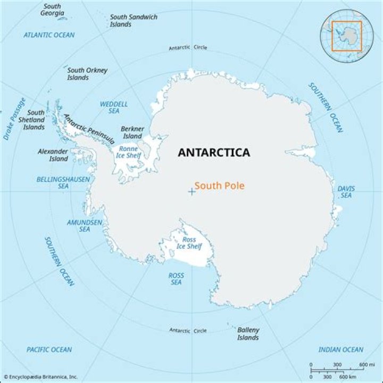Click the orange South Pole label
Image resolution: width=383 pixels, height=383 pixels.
pyautogui.click(x=219, y=186)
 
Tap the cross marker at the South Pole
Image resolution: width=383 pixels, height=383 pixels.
pyautogui.click(x=191, y=191)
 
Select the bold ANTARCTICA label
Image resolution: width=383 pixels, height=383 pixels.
pyautogui.click(x=213, y=153)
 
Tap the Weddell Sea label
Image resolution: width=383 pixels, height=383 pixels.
pyautogui.click(x=114, y=107)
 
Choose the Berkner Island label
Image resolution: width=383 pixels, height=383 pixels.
pyautogui.click(x=132, y=132)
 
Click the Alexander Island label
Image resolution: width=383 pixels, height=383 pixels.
pyautogui.click(x=53, y=155)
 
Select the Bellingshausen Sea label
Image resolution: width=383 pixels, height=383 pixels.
pyautogui.click(x=63, y=183)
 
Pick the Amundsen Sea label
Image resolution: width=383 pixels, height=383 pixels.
pyautogui.click(x=85, y=226)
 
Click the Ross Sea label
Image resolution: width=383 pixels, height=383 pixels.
pyautogui.click(x=176, y=279)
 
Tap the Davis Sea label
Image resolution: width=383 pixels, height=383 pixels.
pyautogui.click(x=346, y=192)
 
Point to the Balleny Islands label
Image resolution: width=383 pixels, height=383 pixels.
pyautogui.click(x=248, y=334)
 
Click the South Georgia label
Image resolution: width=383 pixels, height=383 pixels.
pyautogui.click(x=52, y=10)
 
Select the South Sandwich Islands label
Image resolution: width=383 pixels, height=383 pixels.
pyautogui.click(x=134, y=20)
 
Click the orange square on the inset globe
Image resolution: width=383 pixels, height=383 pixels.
pyautogui.click(x=347, y=36)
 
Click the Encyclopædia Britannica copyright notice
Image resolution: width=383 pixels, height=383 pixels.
pyautogui.click(x=40, y=377)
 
